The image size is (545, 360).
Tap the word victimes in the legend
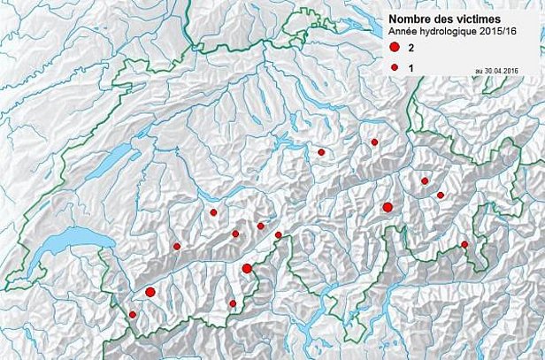pyautogui.click(x=473, y=19)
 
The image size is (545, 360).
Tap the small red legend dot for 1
pyautogui.click(x=394, y=67)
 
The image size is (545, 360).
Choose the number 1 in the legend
pyautogui.click(x=411, y=68)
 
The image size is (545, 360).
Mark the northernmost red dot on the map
pyautogui.click(x=374, y=142)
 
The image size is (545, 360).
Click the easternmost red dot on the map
pyautogui.click(x=464, y=244)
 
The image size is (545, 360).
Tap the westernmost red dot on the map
pyautogui.click(x=133, y=314)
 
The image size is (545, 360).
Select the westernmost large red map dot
pyautogui.click(x=150, y=292)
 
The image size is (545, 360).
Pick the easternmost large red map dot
pyautogui.click(x=388, y=207)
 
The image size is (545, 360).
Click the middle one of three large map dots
pyautogui.click(x=247, y=269)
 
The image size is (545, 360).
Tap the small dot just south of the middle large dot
pyautogui.click(x=233, y=303)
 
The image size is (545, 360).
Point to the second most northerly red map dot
pyautogui.click(x=321, y=152)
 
